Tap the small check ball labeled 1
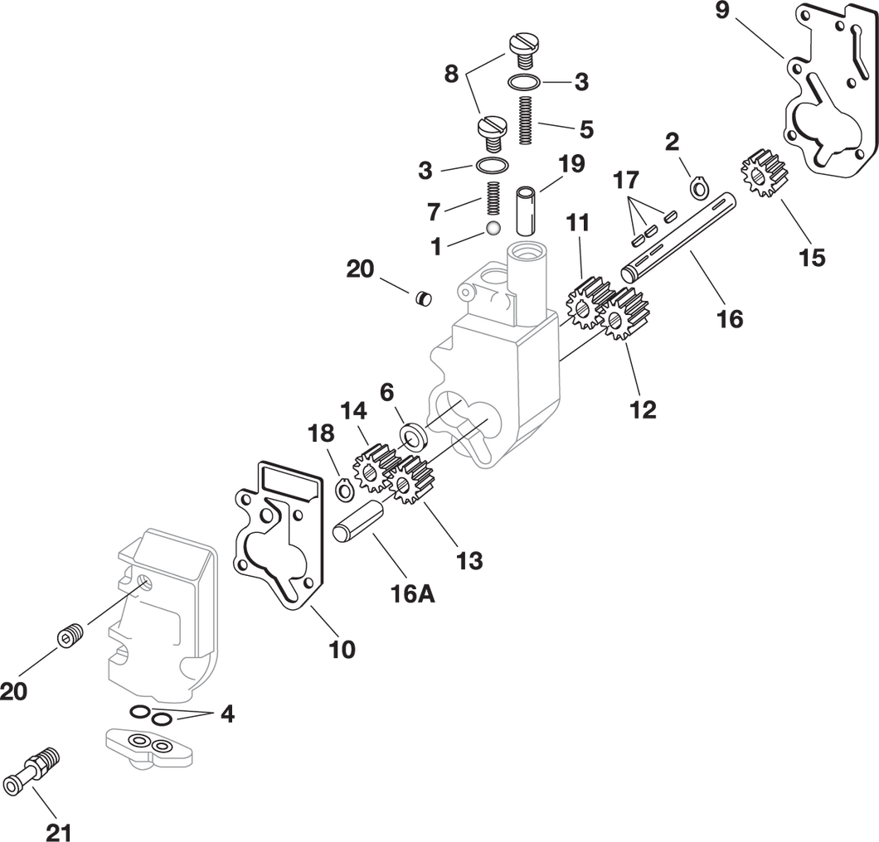[x=494, y=227]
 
